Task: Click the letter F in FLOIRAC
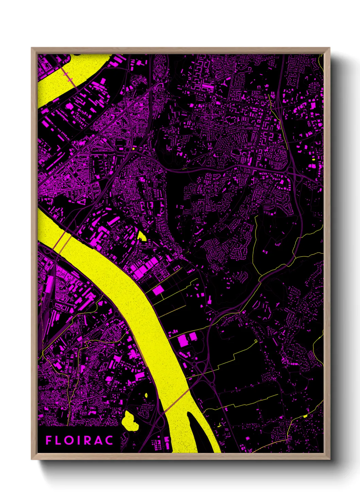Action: pos(49,440)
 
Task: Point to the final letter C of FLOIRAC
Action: pos(109,440)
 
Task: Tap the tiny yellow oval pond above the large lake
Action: pos(146,395)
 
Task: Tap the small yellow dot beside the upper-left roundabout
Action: pos(134,149)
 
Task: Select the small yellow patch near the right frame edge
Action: pos(313,159)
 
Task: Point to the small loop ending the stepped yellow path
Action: pos(256,341)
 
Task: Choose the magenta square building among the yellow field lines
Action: pos(158,290)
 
